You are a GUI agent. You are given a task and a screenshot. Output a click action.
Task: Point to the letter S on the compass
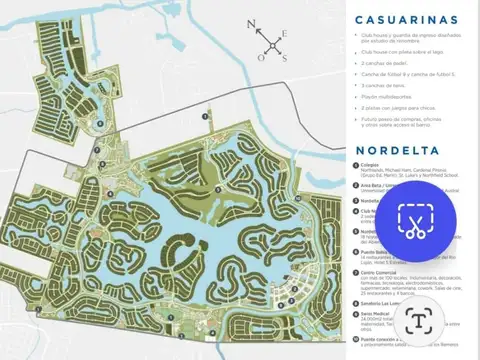coord(284,58)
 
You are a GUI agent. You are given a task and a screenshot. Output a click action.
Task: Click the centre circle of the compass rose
coord(272,45)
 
